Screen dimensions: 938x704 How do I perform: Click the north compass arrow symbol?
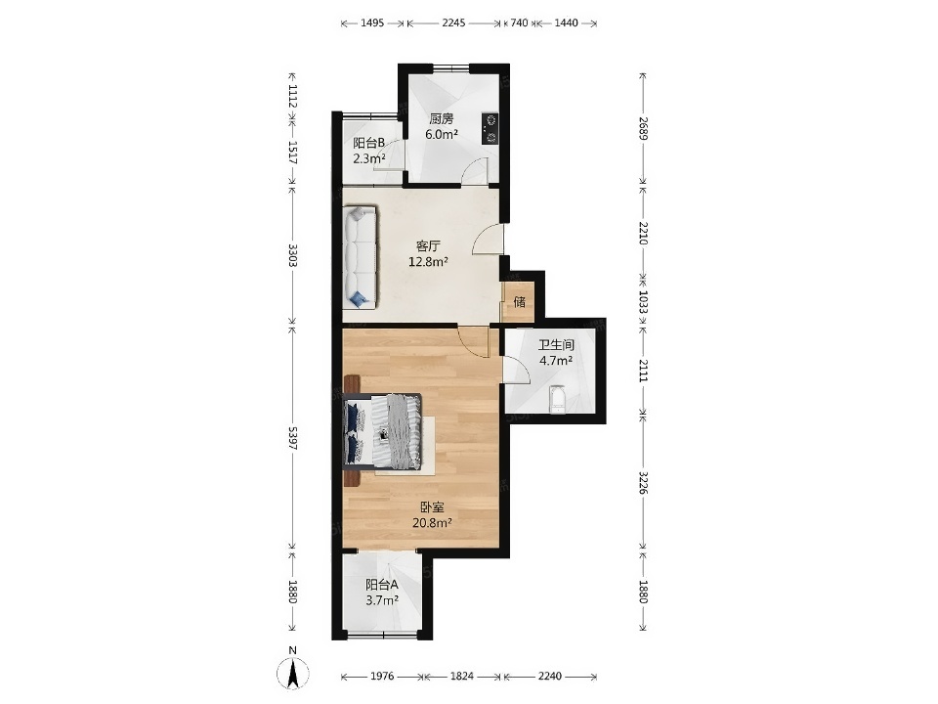pyautogui.click(x=293, y=673)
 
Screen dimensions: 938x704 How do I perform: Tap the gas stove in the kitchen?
pyautogui.click(x=490, y=129)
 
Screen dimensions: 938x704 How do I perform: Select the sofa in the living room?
pyautogui.click(x=361, y=257)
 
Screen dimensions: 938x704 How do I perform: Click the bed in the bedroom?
pyautogui.click(x=383, y=430)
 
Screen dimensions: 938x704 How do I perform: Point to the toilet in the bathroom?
pyautogui.click(x=558, y=399)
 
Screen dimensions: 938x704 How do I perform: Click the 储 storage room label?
pyautogui.click(x=520, y=301)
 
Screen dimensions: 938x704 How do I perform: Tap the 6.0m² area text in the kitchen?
pyautogui.click(x=442, y=134)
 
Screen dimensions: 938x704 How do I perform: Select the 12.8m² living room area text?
pyautogui.click(x=429, y=261)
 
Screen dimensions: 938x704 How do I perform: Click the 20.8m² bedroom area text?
pyautogui.click(x=432, y=522)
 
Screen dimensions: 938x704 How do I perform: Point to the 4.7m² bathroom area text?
pyautogui.click(x=556, y=361)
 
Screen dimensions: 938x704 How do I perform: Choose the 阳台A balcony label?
pyautogui.click(x=382, y=585)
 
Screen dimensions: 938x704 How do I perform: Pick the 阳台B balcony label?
pyautogui.click(x=368, y=143)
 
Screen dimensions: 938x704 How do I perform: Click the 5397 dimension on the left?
pyautogui.click(x=292, y=438)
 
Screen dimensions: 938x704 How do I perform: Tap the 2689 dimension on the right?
pyautogui.click(x=643, y=128)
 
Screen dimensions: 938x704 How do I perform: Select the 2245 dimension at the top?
pyautogui.click(x=453, y=22)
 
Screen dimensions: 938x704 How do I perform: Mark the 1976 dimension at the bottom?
pyautogui.click(x=382, y=676)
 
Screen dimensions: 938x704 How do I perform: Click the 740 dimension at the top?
pyautogui.click(x=519, y=22)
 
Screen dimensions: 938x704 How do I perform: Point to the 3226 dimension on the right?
pyautogui.click(x=643, y=482)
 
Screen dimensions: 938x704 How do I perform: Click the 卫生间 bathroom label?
pyautogui.click(x=556, y=345)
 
